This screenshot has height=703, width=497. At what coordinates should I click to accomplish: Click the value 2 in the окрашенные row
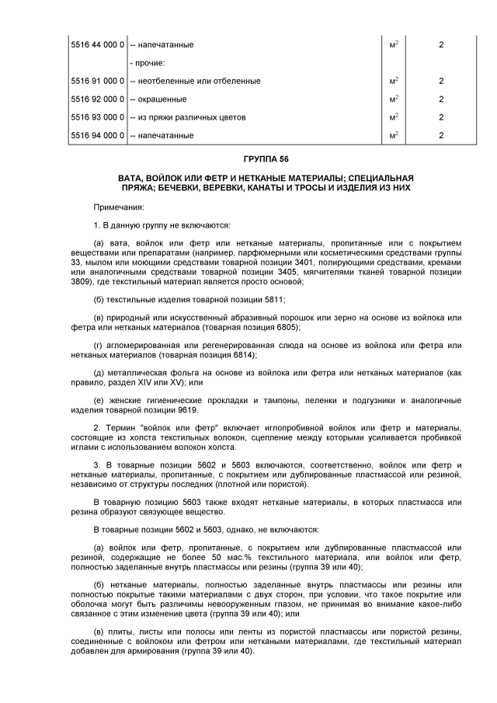point(440,99)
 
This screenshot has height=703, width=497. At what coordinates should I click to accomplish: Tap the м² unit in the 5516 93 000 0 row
point(394,117)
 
